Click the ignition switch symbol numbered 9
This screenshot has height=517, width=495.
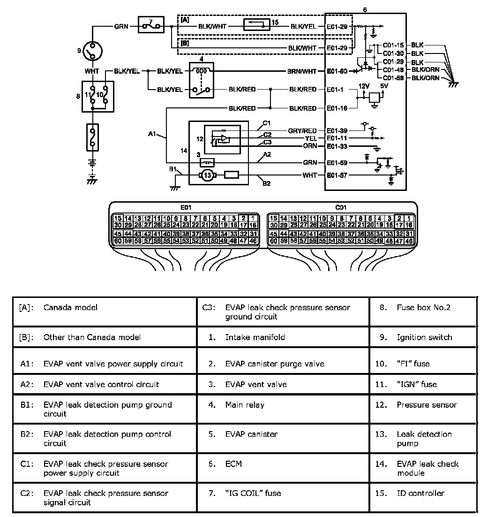click(93, 51)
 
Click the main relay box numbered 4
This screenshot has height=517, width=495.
click(202, 80)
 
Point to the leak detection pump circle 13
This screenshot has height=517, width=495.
click(206, 176)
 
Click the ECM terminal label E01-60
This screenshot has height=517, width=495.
click(337, 72)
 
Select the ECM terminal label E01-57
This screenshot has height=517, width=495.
click(337, 176)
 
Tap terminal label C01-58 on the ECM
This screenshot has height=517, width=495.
click(393, 78)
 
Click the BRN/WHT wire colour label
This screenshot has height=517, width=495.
click(303, 72)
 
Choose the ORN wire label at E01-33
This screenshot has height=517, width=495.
click(310, 146)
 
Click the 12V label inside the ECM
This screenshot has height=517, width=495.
click(364, 87)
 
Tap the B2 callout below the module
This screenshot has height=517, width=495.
click(266, 183)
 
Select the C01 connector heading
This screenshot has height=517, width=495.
click(341, 207)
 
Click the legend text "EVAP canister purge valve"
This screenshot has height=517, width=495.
click(275, 364)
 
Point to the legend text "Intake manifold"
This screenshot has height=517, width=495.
click(255, 337)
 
